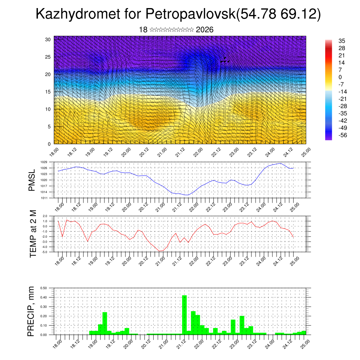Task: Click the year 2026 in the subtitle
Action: pyautogui.click(x=205, y=30)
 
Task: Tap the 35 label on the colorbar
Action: pyautogui.click(x=341, y=41)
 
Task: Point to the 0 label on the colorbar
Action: pyautogui.click(x=340, y=77)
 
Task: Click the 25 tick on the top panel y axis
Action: pyautogui.click(x=48, y=57)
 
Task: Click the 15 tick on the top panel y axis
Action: pyautogui.click(x=48, y=92)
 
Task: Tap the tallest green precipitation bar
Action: pyautogui.click(x=184, y=315)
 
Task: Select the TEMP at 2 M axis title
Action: pyautogui.click(x=33, y=234)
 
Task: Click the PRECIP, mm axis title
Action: pyautogui.click(x=32, y=311)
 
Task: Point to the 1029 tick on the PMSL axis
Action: pyautogui.click(x=44, y=162)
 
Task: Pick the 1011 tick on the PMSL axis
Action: pyautogui.click(x=44, y=198)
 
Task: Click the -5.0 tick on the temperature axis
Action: pyautogui.click(x=45, y=252)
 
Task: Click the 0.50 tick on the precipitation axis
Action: pyautogui.click(x=44, y=288)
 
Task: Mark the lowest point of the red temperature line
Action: pyautogui.click(x=160, y=251)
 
